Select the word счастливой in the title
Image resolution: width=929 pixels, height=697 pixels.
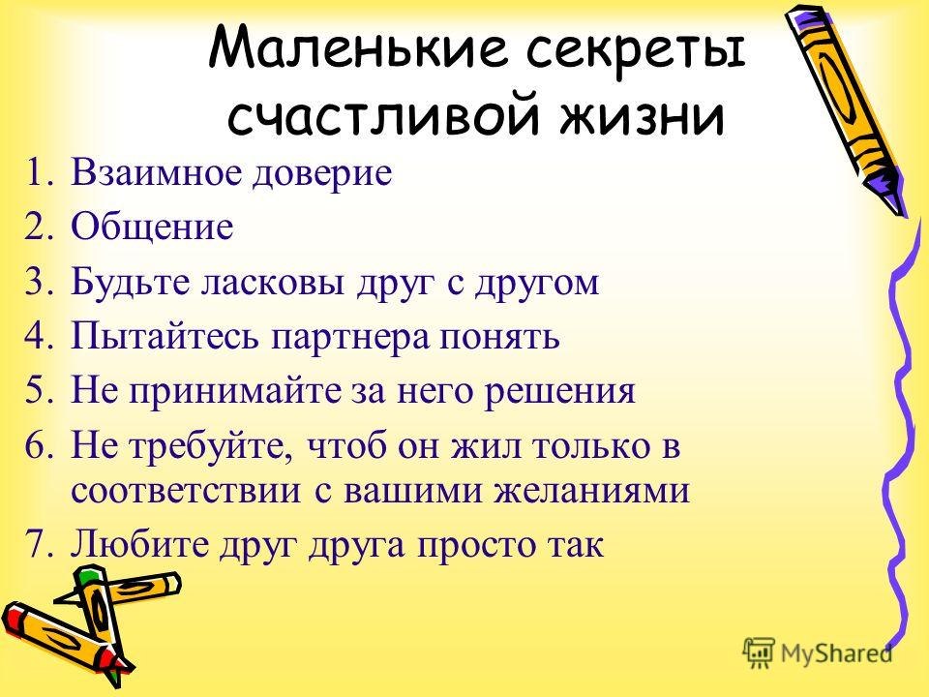pyautogui.click(x=384, y=114)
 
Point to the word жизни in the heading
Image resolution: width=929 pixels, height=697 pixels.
pyautogui.click(x=642, y=116)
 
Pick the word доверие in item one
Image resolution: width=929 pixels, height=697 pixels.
pyautogui.click(x=321, y=174)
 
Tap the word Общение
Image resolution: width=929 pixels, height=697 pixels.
pyautogui.click(x=152, y=226)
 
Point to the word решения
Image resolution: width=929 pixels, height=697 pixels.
pyautogui.click(x=559, y=393)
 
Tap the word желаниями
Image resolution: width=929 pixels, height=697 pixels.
pyautogui.click(x=592, y=492)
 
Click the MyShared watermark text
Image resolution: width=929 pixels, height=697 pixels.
pyautogui.click(x=836, y=653)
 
